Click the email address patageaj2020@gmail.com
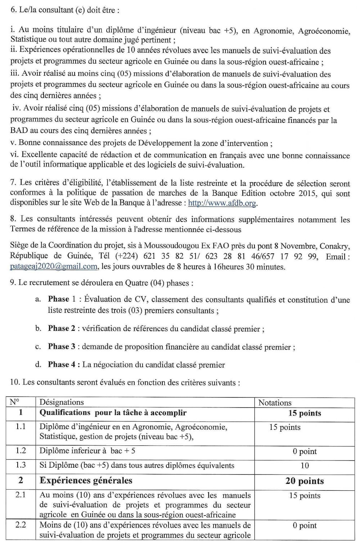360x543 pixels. (x=54, y=267)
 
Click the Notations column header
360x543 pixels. (x=275, y=403)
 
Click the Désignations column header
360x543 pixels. (x=61, y=402)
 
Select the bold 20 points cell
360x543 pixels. (x=305, y=481)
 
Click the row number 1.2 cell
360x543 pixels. (x=21, y=451)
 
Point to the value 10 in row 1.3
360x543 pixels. (x=305, y=466)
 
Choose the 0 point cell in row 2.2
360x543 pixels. (x=305, y=526)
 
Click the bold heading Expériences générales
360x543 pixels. (x=86, y=481)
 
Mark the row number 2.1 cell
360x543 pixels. (x=21, y=495)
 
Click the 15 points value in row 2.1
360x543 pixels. (x=305, y=496)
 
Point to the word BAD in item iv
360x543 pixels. (x=17, y=131)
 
